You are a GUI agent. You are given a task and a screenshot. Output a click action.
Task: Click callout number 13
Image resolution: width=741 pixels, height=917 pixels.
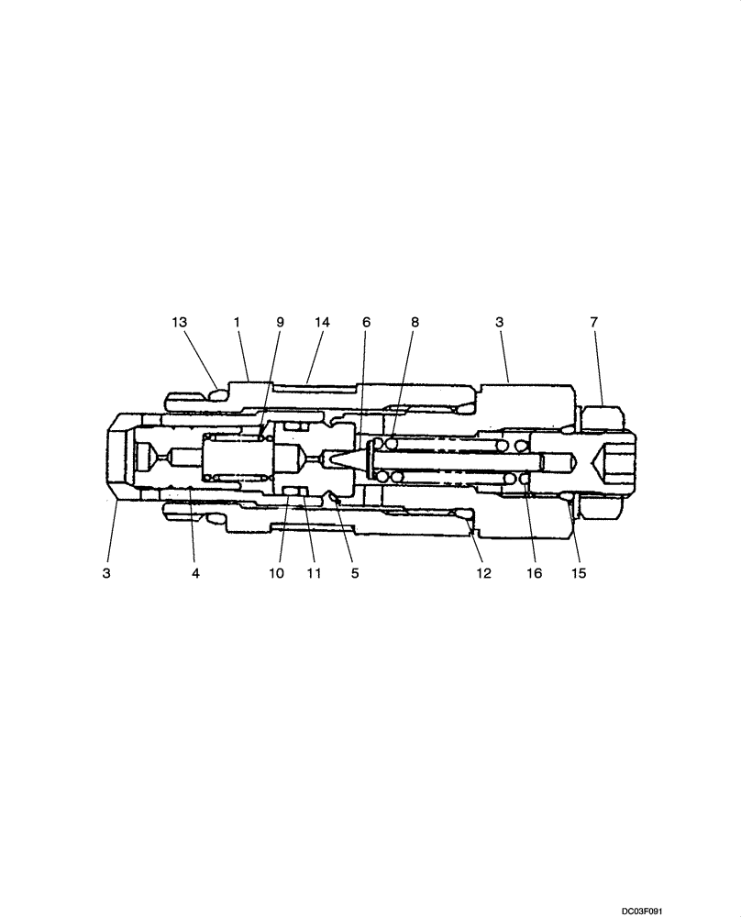179,322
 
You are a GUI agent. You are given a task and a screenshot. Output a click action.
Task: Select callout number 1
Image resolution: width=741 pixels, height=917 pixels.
236,322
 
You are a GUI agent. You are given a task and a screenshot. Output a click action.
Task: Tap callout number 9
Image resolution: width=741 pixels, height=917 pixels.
281,322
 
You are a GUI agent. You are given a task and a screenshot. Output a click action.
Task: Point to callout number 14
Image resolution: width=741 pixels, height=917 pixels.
322,322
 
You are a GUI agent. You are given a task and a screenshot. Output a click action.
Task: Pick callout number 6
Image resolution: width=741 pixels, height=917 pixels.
366,322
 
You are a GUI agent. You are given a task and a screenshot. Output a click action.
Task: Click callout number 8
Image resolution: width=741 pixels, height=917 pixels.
414,322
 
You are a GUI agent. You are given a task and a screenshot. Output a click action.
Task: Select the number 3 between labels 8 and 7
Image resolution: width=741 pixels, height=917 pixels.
499,322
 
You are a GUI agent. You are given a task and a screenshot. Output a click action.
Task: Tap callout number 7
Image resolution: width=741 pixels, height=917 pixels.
593,322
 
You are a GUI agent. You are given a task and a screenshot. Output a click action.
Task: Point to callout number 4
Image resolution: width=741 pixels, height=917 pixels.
195,573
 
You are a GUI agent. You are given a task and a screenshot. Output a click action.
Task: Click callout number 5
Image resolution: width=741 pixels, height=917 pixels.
355,573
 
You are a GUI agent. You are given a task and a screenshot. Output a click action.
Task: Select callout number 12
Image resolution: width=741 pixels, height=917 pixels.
482,573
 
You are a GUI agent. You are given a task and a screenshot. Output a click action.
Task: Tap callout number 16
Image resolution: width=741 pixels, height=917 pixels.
534,573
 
